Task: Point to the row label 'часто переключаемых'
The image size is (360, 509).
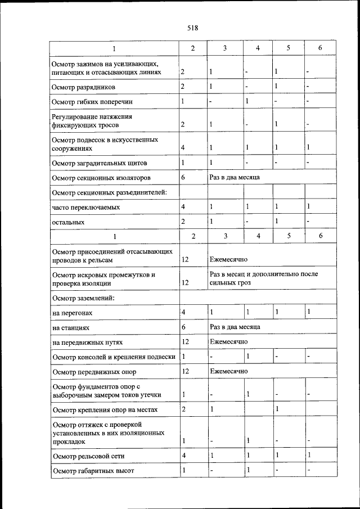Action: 85,208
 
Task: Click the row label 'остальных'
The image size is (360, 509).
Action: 68,223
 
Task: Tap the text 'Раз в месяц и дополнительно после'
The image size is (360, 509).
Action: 263,274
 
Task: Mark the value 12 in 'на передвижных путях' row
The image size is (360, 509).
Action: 185,342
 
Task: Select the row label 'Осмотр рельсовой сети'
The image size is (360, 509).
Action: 88,456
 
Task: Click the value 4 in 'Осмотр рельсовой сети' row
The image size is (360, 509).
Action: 183,455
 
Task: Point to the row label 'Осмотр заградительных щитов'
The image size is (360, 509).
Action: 99,163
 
